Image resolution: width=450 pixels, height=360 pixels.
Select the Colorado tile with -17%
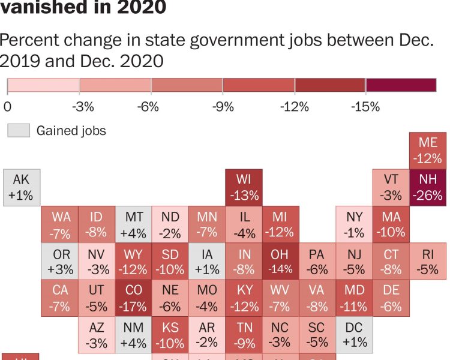(133, 298)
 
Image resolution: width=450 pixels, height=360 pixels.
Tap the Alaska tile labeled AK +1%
(22, 187)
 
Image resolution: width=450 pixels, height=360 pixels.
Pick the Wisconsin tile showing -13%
(244, 187)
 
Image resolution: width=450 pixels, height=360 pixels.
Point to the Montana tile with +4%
(133, 224)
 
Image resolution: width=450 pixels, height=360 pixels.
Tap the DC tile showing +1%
(354, 335)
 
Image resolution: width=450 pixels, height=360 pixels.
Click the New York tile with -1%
(354, 224)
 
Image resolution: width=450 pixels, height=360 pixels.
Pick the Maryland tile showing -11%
(354, 298)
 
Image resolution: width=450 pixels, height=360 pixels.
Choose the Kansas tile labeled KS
(170, 335)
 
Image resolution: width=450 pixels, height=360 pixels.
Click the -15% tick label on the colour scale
(367, 107)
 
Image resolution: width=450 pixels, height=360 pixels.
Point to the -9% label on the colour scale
(223, 107)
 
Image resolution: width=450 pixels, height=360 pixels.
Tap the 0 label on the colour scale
(7, 107)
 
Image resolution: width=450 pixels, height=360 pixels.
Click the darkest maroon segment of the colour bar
(401, 85)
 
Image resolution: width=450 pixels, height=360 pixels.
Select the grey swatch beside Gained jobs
(18, 130)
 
